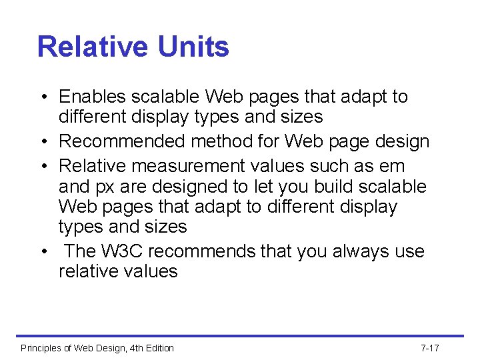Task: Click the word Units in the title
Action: (194, 47)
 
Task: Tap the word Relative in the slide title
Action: (93, 47)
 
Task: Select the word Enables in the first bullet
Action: (93, 97)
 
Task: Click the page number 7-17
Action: (430, 348)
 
